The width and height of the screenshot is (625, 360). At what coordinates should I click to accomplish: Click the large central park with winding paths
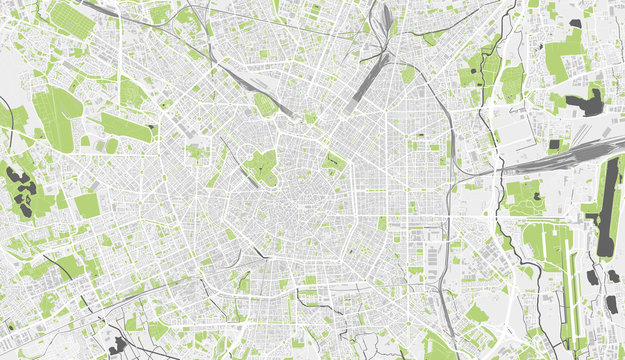click(262, 165)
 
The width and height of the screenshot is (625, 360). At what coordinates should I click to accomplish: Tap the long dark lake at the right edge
click(607, 210)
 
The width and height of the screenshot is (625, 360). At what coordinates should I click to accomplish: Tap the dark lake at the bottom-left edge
click(119, 346)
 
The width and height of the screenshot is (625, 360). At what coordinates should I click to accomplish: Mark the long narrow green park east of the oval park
click(125, 128)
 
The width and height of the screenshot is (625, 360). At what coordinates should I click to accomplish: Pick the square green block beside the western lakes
click(87, 205)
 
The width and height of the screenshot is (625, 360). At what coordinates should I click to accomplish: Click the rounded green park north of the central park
click(265, 104)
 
